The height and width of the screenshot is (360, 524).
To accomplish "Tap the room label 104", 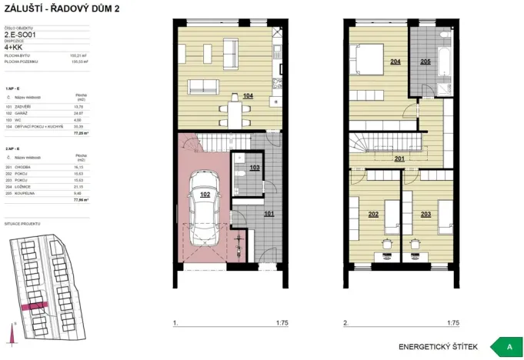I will pyautogui.click(x=248, y=95).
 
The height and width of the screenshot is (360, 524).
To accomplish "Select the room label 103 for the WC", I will pyautogui.click(x=254, y=167).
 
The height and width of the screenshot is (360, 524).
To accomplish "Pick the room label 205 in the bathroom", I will pyautogui.click(x=426, y=61).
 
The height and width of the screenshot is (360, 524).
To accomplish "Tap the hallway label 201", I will pyautogui.click(x=399, y=159).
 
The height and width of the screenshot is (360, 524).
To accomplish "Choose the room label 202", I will pyautogui.click(x=373, y=214).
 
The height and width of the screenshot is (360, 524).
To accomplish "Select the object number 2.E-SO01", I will pyautogui.click(x=20, y=35).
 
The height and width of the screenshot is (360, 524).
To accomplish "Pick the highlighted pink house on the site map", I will pyautogui.click(x=35, y=306).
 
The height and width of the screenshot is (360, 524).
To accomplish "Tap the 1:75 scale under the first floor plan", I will pyautogui.click(x=281, y=324).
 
